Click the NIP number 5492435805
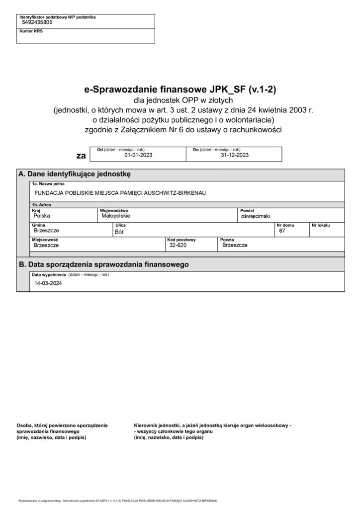(37, 22)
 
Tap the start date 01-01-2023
(138, 155)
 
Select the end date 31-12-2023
(234, 155)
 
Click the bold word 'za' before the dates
(81, 156)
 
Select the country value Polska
(42, 216)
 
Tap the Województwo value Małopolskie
(115, 216)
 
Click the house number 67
(282, 231)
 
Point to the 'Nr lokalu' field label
(320, 225)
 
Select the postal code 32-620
(178, 245)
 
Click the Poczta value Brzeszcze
(235, 245)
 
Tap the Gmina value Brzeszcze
(46, 231)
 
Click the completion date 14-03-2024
(46, 283)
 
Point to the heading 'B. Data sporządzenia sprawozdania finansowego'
(103, 264)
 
